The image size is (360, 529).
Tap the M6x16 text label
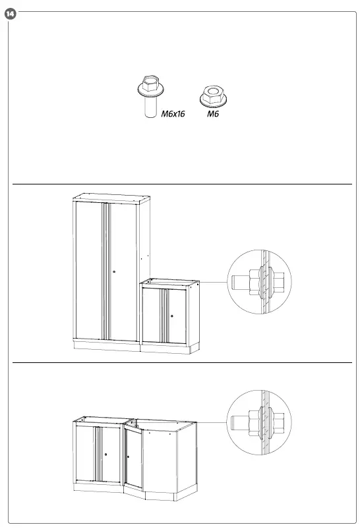pos(173,114)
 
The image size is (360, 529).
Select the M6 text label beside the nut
pos(212,114)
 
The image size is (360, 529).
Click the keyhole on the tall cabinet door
pos(113,271)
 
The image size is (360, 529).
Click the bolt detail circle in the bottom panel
pos(259,422)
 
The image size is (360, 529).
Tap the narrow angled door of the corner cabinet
pos(134,461)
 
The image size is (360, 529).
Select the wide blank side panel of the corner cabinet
pos(161,461)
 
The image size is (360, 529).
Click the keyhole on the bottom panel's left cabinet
pos(105,453)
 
